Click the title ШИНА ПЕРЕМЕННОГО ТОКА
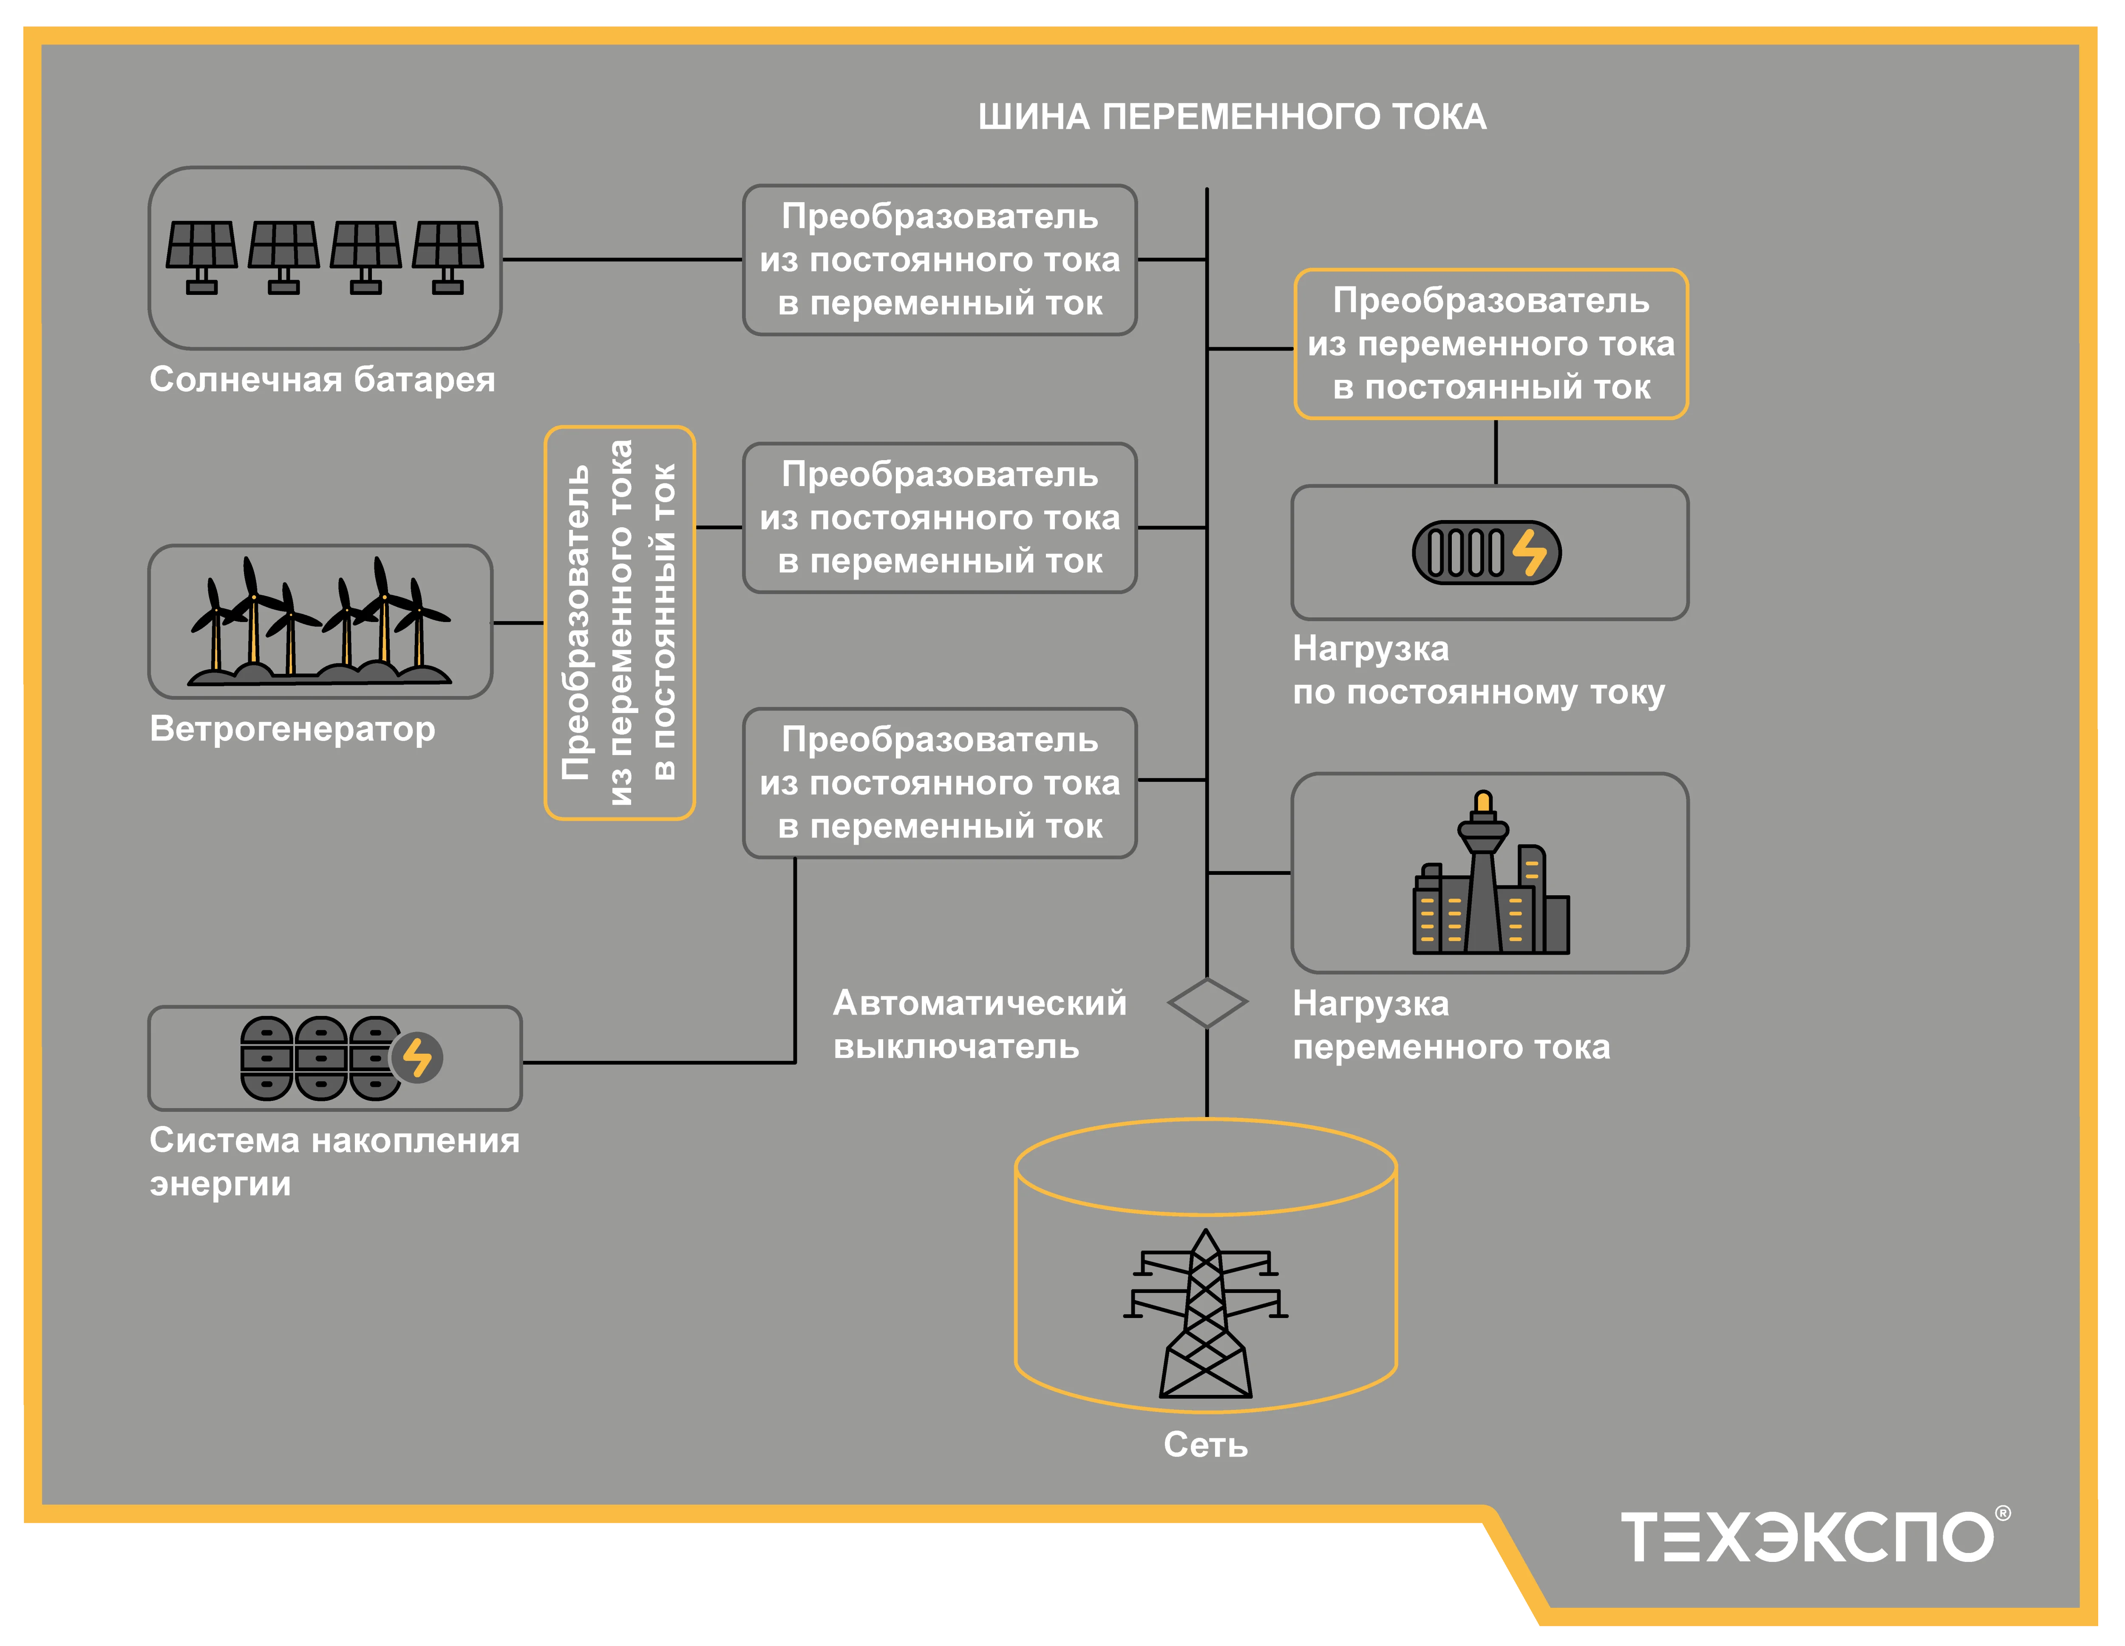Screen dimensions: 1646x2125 [1232, 117]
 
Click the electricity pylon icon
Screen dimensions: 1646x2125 [1206, 1313]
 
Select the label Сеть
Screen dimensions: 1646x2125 [1206, 1445]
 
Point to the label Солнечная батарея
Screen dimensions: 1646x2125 [322, 379]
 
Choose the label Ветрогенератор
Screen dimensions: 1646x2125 [292, 729]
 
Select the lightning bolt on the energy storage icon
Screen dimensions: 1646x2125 [417, 1058]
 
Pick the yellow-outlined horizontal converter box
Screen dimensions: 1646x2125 [1490, 345]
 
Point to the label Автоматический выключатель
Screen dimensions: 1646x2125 [979, 1024]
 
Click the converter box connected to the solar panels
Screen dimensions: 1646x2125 [940, 260]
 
